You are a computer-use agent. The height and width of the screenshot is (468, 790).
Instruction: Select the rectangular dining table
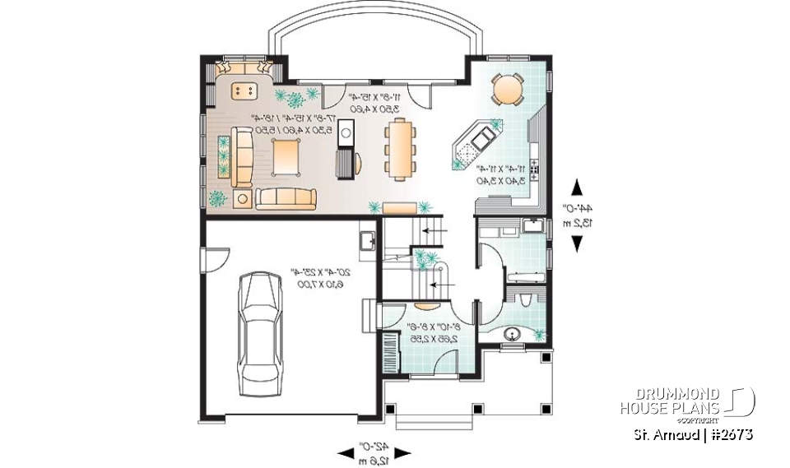tap(401, 148)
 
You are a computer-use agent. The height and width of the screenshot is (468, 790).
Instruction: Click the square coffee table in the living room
tap(286, 155)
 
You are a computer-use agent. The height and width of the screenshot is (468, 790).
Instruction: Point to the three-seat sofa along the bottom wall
tap(286, 198)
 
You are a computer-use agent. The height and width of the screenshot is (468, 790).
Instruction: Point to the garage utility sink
tap(368, 241)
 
